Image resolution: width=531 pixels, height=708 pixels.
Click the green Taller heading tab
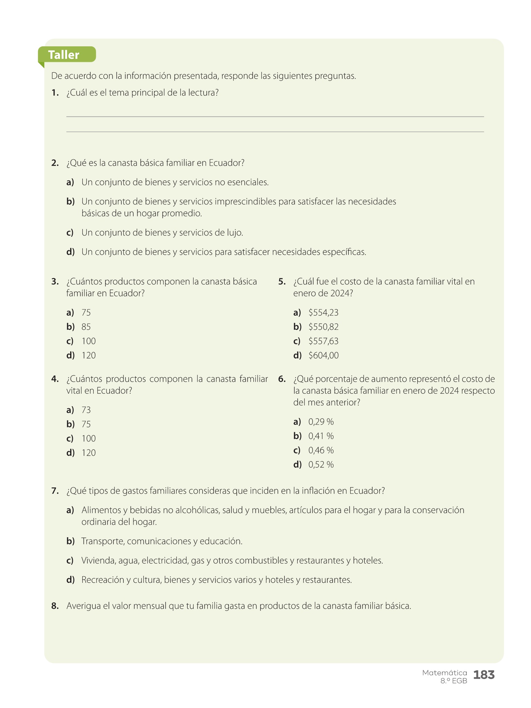66,55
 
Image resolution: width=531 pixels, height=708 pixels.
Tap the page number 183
484,674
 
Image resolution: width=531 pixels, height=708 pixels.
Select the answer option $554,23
323,313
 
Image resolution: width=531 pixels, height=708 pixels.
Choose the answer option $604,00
323,355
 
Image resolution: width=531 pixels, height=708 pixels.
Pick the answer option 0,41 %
321,436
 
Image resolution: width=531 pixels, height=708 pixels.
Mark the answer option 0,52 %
321,465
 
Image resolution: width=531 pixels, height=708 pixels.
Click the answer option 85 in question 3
86,327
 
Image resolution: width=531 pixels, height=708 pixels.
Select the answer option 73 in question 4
86,410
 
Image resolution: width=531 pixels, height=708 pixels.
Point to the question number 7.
55,491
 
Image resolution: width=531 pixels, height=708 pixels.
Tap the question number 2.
55,163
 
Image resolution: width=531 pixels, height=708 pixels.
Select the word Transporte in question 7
102,541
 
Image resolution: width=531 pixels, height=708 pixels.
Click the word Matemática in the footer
444,673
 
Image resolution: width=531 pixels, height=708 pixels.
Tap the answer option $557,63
323,341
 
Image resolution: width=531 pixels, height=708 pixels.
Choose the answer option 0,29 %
321,422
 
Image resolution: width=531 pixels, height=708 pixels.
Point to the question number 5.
282,281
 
